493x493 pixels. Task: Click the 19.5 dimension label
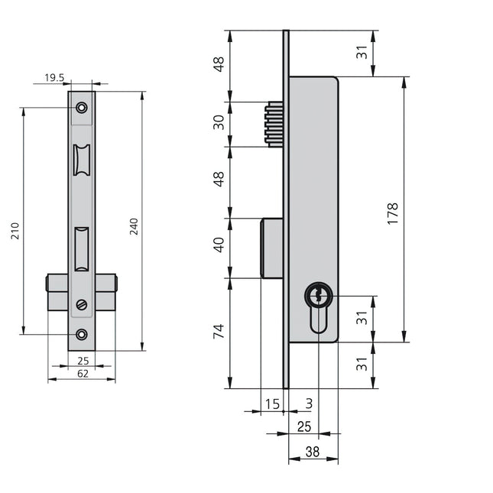(x=54, y=77)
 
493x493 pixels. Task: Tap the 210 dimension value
(x=15, y=231)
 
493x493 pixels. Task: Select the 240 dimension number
(x=134, y=226)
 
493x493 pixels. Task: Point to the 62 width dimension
(x=83, y=374)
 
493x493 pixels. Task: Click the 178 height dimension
(x=393, y=214)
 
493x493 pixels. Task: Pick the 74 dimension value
(x=219, y=331)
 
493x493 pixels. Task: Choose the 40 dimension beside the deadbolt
(x=219, y=245)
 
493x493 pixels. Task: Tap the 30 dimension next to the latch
(x=219, y=122)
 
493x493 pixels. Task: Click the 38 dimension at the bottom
(x=313, y=452)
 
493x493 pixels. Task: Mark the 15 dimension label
(x=272, y=404)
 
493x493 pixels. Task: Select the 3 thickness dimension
(x=310, y=404)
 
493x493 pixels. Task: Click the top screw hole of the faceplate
(x=82, y=108)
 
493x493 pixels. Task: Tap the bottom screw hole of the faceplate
(x=82, y=335)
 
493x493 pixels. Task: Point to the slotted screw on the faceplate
(x=82, y=305)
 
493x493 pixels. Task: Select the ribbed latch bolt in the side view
(x=274, y=124)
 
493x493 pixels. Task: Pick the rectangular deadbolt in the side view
(x=272, y=248)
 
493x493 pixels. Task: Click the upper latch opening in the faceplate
(x=82, y=160)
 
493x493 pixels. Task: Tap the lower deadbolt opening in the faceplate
(x=82, y=249)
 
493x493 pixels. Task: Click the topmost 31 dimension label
(x=362, y=52)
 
